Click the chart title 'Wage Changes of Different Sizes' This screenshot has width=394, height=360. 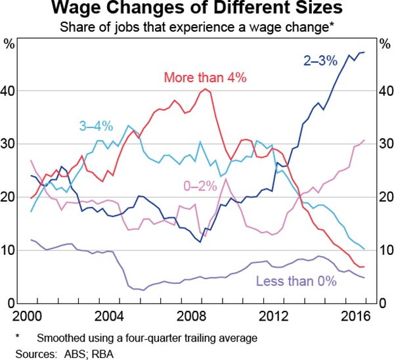tap(196, 10)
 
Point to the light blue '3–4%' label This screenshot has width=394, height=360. tap(97, 125)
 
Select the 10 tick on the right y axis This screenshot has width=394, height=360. tap(383, 250)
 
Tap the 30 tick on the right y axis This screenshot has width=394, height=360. tap(383, 144)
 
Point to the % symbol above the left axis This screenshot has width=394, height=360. tap(9, 45)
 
